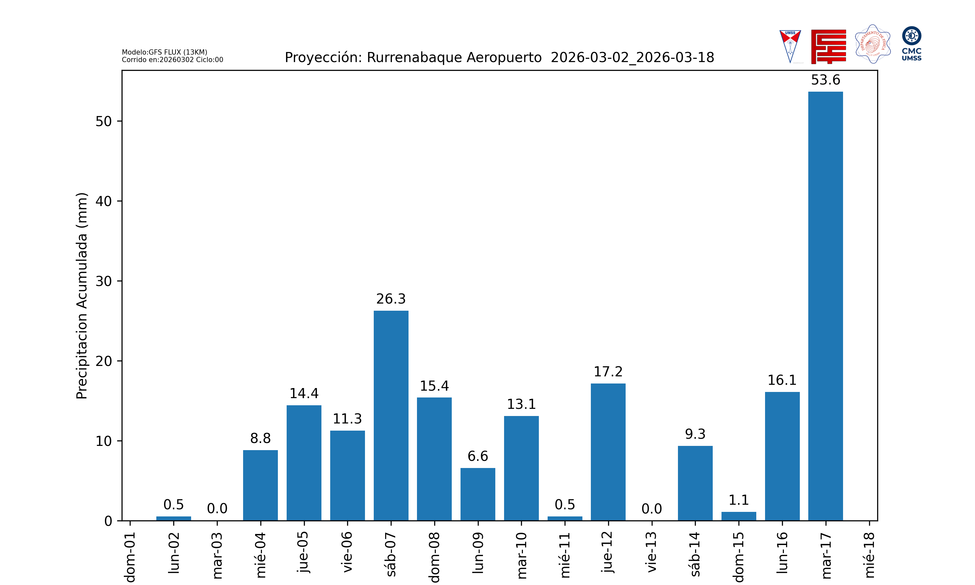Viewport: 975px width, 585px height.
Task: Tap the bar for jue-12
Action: [x=608, y=452]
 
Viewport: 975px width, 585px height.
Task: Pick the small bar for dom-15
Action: [x=738, y=516]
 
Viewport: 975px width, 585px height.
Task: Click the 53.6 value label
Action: [x=825, y=80]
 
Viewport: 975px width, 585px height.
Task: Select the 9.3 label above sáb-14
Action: [x=695, y=434]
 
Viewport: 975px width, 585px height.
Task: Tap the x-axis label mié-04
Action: [x=261, y=555]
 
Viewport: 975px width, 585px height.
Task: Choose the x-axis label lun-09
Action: [x=478, y=553]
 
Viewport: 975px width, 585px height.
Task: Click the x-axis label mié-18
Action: [x=869, y=555]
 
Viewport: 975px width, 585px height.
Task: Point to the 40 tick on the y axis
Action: [x=104, y=201]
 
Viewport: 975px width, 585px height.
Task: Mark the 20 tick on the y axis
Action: [x=104, y=361]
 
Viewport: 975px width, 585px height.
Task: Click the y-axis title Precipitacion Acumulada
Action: [x=82, y=296]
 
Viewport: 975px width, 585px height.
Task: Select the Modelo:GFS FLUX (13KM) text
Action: [x=164, y=52]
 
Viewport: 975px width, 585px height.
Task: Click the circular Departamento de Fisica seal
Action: [x=873, y=44]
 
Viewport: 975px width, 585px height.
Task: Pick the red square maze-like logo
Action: [x=828, y=46]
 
